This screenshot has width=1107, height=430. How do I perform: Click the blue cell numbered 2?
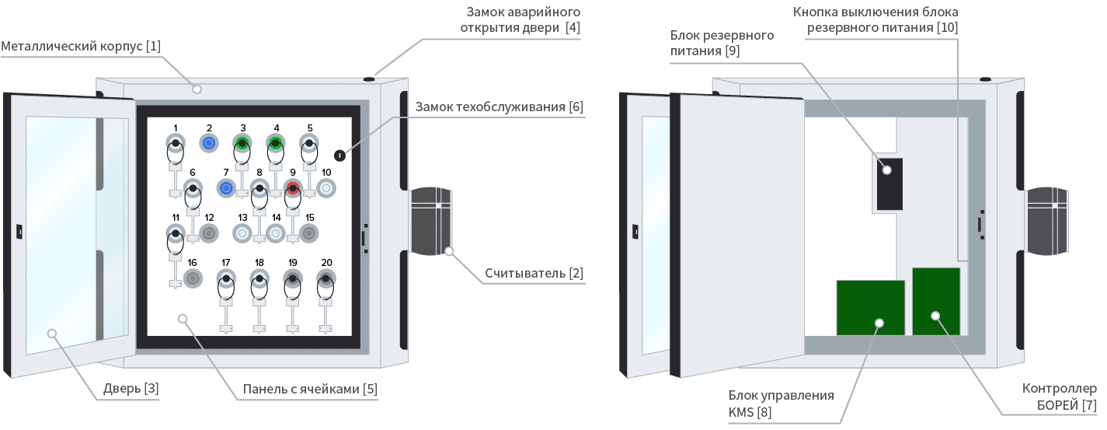pyautogui.click(x=209, y=143)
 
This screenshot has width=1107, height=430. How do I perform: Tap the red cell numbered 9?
pyautogui.click(x=293, y=188)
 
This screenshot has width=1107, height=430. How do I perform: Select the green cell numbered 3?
pyautogui.click(x=242, y=143)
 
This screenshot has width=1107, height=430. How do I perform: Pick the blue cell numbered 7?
pyautogui.click(x=226, y=188)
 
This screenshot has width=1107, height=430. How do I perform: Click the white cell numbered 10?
pyautogui.click(x=326, y=188)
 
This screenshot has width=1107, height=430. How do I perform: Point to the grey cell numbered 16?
pyautogui.click(x=192, y=278)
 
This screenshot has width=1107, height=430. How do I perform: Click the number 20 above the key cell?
pyautogui.click(x=326, y=263)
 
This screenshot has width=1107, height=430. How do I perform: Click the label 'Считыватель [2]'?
pyautogui.click(x=534, y=274)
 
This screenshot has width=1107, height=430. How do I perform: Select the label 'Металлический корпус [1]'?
pyautogui.click(x=81, y=47)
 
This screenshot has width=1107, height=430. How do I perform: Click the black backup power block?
pyautogui.click(x=889, y=184)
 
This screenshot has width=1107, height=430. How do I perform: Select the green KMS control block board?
pyautogui.click(x=870, y=308)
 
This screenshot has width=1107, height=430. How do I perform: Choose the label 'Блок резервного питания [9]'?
pyautogui.click(x=722, y=44)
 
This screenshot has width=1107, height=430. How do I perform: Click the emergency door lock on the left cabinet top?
pyautogui.click(x=369, y=78)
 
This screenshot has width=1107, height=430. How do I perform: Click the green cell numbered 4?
pyautogui.click(x=276, y=143)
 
